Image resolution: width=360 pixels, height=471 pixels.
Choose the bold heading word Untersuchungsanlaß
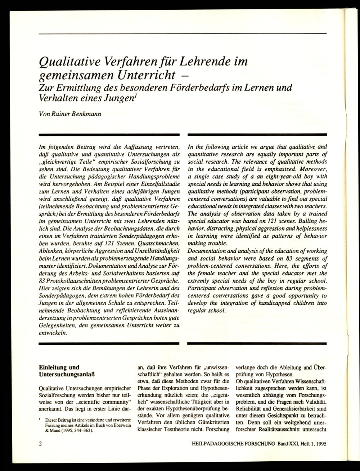tap(67, 375)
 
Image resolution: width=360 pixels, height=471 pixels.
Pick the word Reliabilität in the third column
tap(249, 409)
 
